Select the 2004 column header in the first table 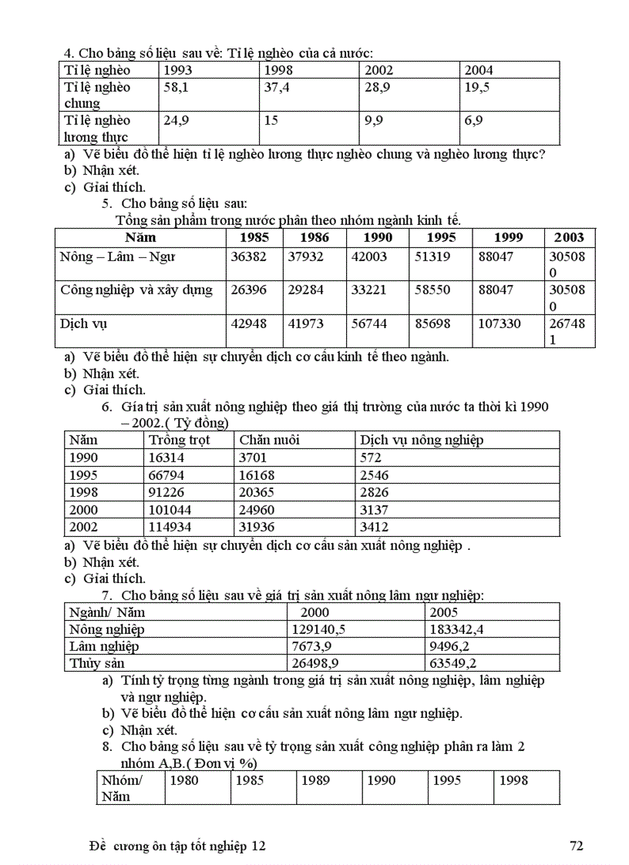[x=479, y=70]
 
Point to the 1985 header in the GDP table [x=254, y=237]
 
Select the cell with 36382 [x=248, y=256]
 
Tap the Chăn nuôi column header [x=269, y=440]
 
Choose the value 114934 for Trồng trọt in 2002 [x=170, y=528]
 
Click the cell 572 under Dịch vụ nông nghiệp [x=371, y=458]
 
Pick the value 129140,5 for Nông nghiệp [x=318, y=629]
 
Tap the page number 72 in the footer [x=576, y=846]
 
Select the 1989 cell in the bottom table [x=315, y=780]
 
